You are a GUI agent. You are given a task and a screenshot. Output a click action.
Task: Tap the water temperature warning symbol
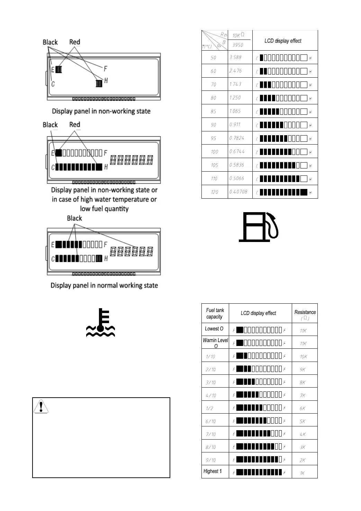click(x=100, y=323)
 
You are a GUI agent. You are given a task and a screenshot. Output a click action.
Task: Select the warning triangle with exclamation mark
click(x=41, y=406)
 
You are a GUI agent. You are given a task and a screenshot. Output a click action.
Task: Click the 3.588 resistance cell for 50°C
click(x=235, y=57)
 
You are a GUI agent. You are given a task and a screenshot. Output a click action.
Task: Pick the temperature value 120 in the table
click(x=215, y=192)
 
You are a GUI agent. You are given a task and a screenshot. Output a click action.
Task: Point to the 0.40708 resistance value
click(x=238, y=192)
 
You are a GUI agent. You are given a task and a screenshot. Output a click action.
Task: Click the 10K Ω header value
click(x=238, y=35)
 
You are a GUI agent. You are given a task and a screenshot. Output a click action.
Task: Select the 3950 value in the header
click(x=238, y=45)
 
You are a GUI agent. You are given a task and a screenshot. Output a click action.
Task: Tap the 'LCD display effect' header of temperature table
click(x=283, y=41)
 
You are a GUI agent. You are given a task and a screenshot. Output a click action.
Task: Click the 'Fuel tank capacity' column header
click(x=215, y=313)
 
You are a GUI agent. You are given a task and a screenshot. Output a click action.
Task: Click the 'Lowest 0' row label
click(x=214, y=329)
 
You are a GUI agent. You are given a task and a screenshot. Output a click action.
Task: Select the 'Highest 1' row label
click(x=213, y=471)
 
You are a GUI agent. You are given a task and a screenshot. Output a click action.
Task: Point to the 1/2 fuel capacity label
click(x=210, y=408)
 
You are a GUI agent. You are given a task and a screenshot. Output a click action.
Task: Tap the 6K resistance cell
click(x=303, y=408)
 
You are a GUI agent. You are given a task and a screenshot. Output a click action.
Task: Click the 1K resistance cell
click(x=303, y=473)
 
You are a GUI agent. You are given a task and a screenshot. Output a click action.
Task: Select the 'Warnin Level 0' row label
click(x=215, y=343)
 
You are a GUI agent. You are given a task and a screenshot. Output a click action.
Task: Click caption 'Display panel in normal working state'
click(x=104, y=285)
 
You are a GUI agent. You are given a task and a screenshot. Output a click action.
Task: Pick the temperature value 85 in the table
click(x=213, y=111)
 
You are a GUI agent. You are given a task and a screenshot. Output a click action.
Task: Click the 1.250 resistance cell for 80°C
click(x=235, y=98)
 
